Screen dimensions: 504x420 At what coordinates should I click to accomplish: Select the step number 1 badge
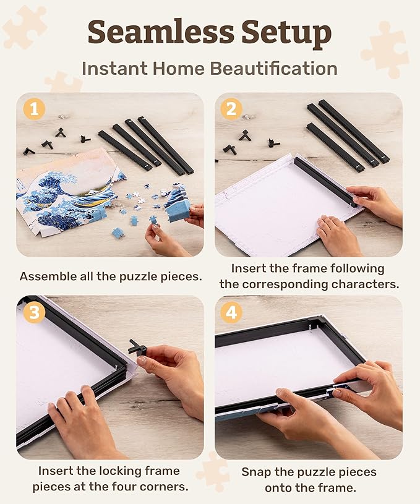(x=35, y=109)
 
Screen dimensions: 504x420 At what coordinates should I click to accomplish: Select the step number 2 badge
(x=231, y=109)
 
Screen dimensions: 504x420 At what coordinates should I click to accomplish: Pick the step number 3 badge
(x=34, y=312)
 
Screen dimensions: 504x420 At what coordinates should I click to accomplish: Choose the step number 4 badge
(x=231, y=313)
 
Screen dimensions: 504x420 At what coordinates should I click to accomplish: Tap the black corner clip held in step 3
(x=138, y=347)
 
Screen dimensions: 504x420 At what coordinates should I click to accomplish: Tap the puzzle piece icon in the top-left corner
(x=24, y=26)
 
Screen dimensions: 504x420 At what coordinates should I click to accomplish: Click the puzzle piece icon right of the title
(x=384, y=49)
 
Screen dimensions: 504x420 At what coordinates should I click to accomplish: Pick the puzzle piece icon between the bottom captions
(x=212, y=471)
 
